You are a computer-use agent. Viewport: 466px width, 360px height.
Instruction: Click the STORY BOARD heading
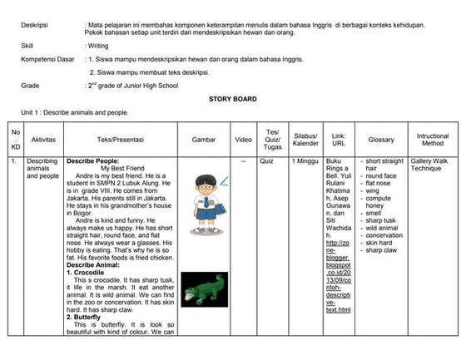(232, 98)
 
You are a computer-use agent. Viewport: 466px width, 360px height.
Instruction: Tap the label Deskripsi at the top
(35, 25)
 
